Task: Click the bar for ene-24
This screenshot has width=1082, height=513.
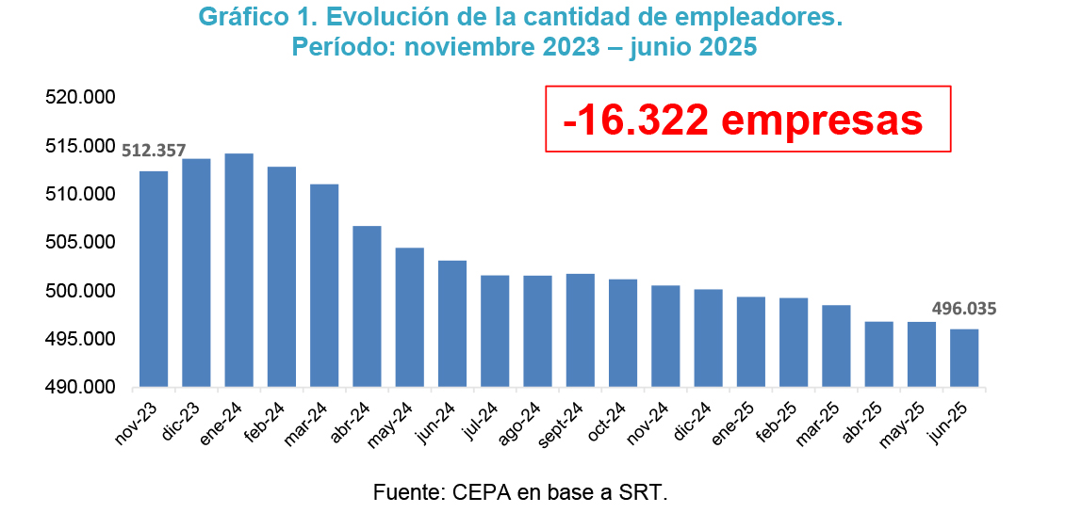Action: [238, 270]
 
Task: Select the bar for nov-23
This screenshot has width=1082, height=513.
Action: [154, 279]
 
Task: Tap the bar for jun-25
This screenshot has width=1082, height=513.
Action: [964, 358]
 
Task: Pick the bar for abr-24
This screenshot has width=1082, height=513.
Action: [367, 306]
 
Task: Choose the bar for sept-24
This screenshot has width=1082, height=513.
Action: [580, 330]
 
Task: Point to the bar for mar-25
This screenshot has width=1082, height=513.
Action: [836, 345]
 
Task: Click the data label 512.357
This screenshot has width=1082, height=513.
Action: [154, 150]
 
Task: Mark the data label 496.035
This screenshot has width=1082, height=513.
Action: [964, 308]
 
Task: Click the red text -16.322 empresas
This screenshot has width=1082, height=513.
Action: [743, 120]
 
